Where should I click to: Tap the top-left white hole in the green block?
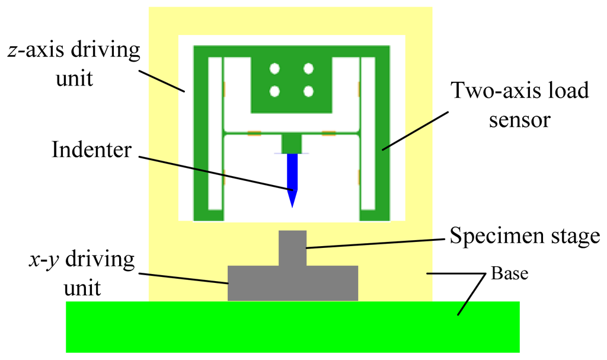click(274, 69)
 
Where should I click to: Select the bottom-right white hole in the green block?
click(308, 91)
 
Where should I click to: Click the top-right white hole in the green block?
click(308, 69)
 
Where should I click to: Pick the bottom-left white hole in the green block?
click(274, 91)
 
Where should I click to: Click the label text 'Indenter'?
click(91, 149)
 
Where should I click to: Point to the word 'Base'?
click(509, 275)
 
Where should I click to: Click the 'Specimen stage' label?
click(525, 236)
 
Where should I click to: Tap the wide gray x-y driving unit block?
click(293, 283)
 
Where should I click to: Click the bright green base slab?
click(293, 327)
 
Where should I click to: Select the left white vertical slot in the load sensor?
click(215, 133)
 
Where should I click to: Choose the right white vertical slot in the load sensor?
click(368, 133)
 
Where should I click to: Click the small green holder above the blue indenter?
click(291, 143)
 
